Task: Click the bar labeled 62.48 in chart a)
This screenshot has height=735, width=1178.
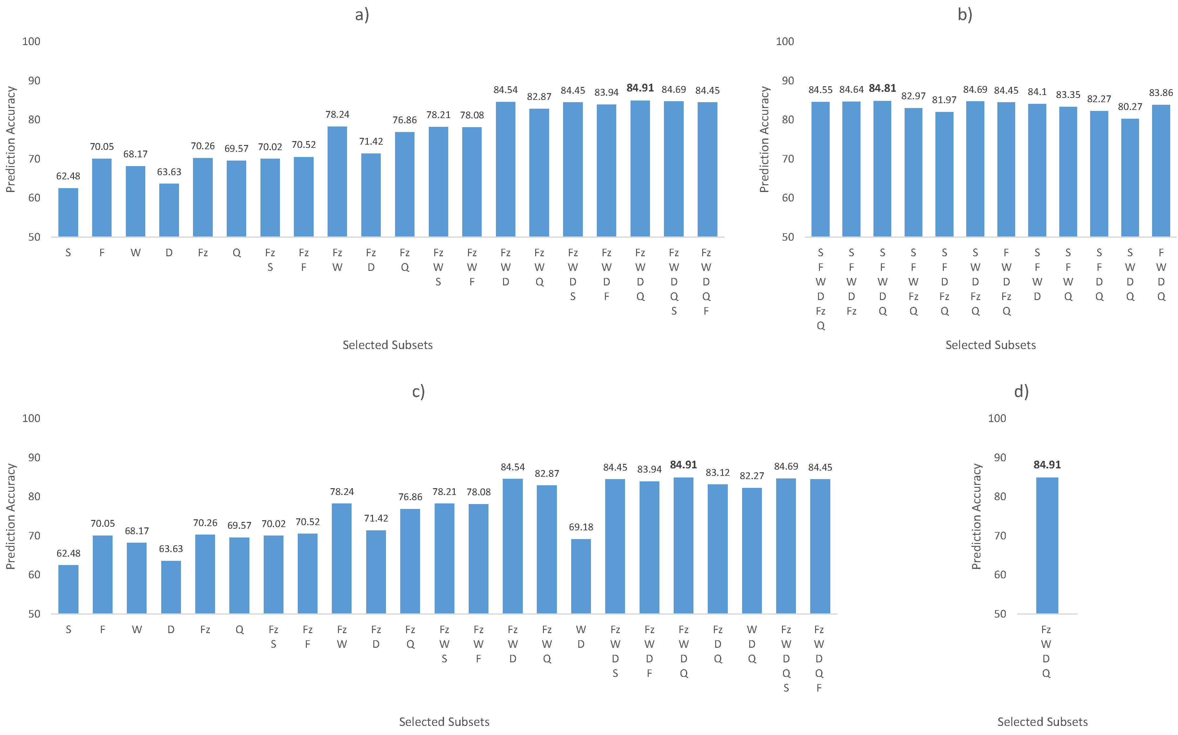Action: tap(68, 212)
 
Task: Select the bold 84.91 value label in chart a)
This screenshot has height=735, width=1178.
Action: tap(640, 88)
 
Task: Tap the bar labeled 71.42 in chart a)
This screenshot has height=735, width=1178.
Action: tap(371, 195)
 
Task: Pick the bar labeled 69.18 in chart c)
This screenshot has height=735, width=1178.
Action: tap(581, 576)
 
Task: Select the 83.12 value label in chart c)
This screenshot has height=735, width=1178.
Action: tap(717, 473)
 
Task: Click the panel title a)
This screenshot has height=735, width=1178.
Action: tap(362, 15)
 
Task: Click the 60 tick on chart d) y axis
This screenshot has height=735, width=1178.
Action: tap(1000, 574)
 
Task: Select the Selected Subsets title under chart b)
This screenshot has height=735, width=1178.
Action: tap(991, 345)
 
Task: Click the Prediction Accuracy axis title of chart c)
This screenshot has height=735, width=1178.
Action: tap(11, 516)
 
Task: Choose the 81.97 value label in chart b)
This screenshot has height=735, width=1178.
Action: tap(944, 100)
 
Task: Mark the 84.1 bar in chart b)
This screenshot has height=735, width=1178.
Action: tap(1037, 170)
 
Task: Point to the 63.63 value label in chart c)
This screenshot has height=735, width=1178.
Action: tap(171, 549)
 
